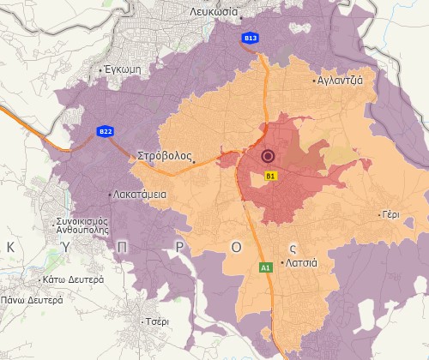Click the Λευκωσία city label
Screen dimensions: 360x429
click(x=214, y=13)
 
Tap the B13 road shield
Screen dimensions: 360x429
click(x=251, y=39)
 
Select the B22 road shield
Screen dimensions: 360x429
click(x=106, y=131)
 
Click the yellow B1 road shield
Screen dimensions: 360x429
click(x=270, y=176)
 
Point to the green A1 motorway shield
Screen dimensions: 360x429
click(x=266, y=268)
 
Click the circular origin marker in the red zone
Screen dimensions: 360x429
click(x=268, y=156)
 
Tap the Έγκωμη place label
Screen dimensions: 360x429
click(x=123, y=69)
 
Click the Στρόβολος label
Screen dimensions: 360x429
click(x=164, y=157)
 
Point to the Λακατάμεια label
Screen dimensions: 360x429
click(x=139, y=195)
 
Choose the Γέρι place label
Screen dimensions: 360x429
click(x=390, y=215)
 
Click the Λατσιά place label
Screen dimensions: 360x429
click(x=302, y=262)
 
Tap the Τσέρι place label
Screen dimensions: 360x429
click(x=157, y=321)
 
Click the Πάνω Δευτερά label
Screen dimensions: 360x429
click(x=32, y=301)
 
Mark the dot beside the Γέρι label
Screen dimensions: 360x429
click(x=378, y=215)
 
